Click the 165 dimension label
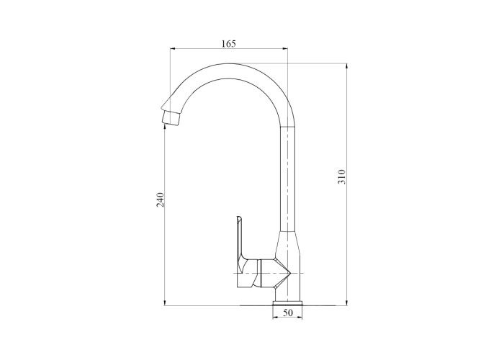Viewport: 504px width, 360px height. pyautogui.click(x=228, y=43)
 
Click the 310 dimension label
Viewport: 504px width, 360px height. pyautogui.click(x=341, y=176)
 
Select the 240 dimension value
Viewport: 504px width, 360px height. pyautogui.click(x=160, y=199)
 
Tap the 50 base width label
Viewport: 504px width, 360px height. pyautogui.click(x=288, y=312)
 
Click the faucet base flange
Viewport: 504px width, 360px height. pyautogui.click(x=287, y=303)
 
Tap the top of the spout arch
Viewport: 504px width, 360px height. pyautogui.click(x=229, y=63)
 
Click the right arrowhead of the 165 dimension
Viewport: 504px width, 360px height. pyautogui.click(x=285, y=49)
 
